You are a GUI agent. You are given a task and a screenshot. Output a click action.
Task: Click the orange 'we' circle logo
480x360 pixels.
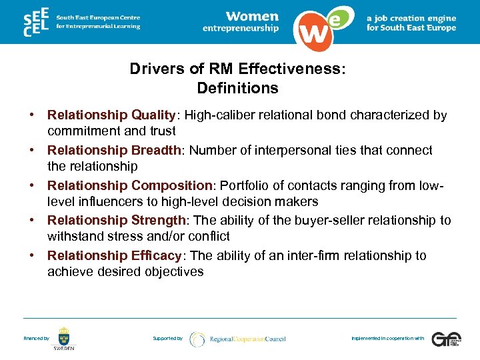click(317, 27)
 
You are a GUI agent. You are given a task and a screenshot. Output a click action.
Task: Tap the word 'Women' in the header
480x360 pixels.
click(251, 16)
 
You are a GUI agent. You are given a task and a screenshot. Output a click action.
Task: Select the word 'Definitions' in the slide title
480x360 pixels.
click(237, 88)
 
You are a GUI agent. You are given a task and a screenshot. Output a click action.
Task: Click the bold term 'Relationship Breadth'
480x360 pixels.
click(114, 151)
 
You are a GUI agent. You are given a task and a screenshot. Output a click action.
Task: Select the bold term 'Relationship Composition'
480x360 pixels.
click(129, 185)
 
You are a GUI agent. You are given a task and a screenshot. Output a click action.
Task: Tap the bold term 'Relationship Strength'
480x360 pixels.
click(116, 221)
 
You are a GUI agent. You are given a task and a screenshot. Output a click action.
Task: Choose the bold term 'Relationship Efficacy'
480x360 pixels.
click(114, 256)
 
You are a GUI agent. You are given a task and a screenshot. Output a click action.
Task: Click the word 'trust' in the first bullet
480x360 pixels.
click(163, 131)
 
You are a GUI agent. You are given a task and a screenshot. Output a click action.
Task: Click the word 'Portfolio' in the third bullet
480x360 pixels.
click(244, 185)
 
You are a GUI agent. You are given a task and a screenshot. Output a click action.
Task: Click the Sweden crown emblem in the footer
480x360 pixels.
click(64, 335)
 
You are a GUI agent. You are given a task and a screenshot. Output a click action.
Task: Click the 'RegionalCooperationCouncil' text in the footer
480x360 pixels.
click(247, 339)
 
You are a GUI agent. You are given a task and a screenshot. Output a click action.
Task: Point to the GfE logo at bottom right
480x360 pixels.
click(444, 339)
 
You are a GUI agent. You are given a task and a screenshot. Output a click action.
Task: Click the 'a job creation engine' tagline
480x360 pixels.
click(411, 19)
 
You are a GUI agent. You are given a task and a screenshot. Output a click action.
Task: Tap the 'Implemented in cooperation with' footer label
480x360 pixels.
click(387, 339)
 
